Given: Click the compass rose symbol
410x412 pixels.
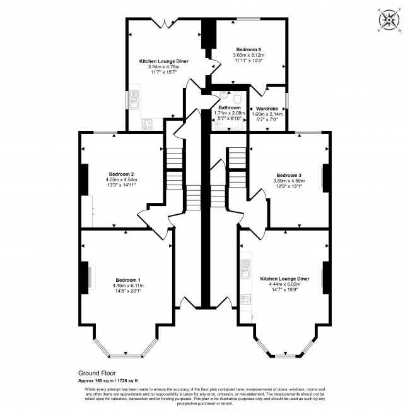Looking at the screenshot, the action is (x=389, y=20).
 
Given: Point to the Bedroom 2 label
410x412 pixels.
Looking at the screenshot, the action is (x=122, y=174).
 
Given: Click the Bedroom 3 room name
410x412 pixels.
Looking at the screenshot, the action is (x=289, y=175).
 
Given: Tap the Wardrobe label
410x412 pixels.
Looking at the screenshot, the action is (x=267, y=109).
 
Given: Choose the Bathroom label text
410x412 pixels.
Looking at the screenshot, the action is (x=230, y=107).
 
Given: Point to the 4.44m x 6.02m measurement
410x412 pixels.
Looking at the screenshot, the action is (x=284, y=284).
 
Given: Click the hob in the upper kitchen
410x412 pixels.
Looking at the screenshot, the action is (x=147, y=124).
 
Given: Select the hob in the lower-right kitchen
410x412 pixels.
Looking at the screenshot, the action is (x=246, y=300).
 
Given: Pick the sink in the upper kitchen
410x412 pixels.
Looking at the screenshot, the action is (x=134, y=99).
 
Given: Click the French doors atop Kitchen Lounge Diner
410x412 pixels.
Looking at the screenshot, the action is (x=165, y=23).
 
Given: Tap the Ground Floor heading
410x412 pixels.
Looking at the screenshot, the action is (x=97, y=373).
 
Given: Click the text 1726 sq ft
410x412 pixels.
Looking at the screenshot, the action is (x=127, y=380).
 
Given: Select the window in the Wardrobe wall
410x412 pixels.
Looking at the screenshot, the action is (x=287, y=100).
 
